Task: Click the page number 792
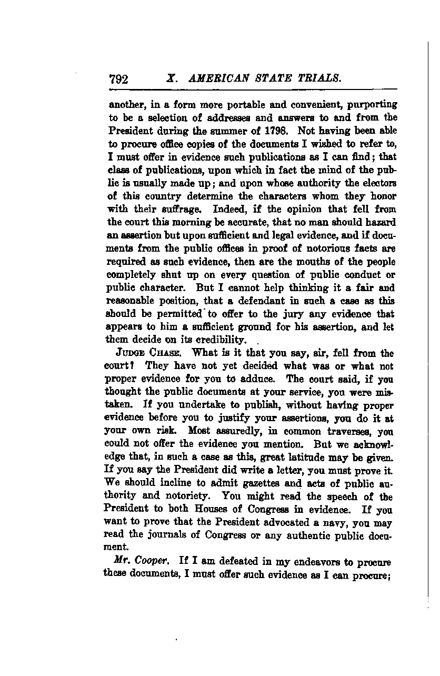tap(118, 79)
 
